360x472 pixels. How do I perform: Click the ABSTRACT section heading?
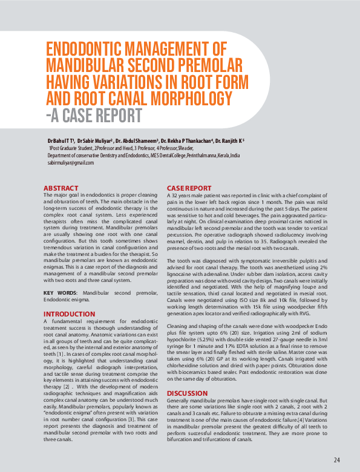click(x=62, y=188)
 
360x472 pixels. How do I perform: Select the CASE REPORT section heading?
click(x=189, y=188)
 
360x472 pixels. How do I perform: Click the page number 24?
click(x=336, y=459)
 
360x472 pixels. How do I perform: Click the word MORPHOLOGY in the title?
click(x=182, y=98)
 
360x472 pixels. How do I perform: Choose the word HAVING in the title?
click(x=72, y=82)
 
